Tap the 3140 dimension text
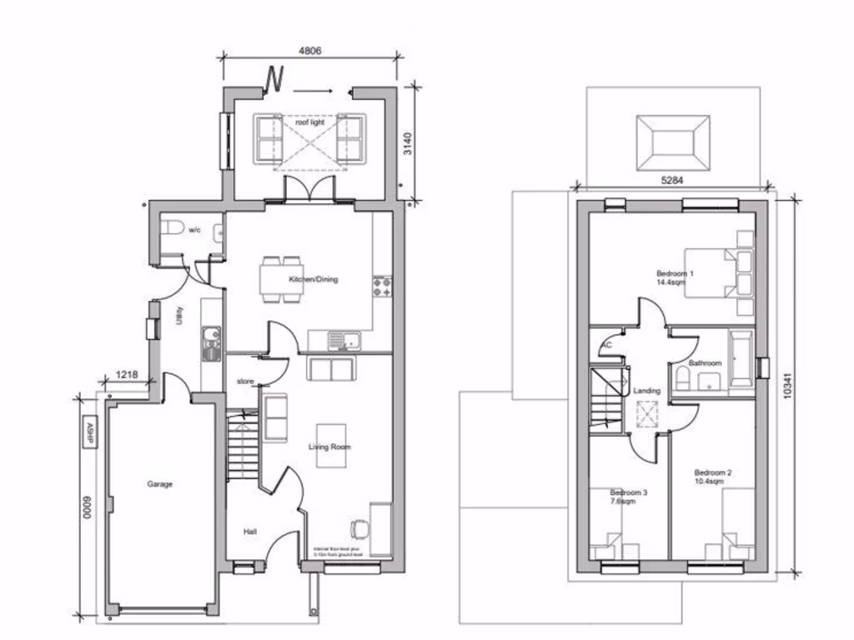click(x=408, y=143)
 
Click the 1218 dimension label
click(x=127, y=375)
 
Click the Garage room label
click(x=160, y=483)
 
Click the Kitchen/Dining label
click(x=314, y=279)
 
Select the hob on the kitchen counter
click(x=382, y=287)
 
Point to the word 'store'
click(x=244, y=382)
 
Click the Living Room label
click(x=330, y=447)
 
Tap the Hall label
click(x=250, y=531)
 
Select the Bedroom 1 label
click(x=675, y=273)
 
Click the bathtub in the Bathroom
click(x=741, y=360)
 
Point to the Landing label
click(x=646, y=390)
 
